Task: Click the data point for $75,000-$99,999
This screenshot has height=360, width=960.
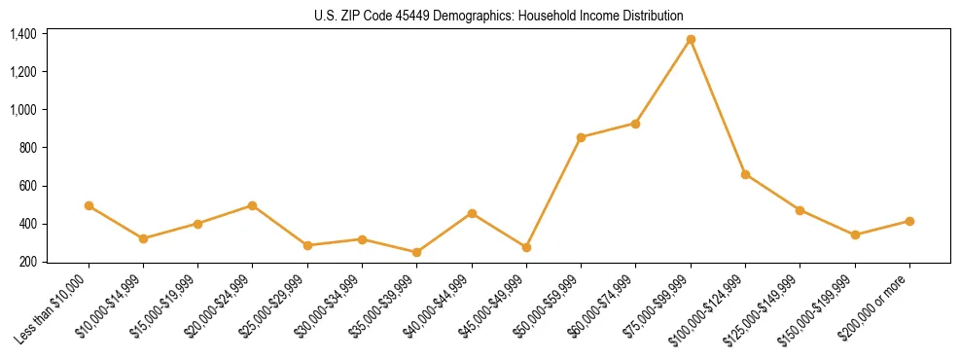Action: (691, 39)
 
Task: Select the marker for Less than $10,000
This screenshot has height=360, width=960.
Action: (89, 205)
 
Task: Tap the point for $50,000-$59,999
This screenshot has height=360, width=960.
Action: (581, 137)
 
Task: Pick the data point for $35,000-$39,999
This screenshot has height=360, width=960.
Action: (417, 252)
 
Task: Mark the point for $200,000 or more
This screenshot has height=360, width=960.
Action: (909, 221)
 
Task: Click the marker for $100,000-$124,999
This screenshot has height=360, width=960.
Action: (745, 174)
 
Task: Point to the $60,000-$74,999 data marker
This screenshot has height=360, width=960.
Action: (635, 124)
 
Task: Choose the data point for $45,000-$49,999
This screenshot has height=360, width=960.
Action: (526, 247)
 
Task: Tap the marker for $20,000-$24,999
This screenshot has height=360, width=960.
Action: (253, 205)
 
